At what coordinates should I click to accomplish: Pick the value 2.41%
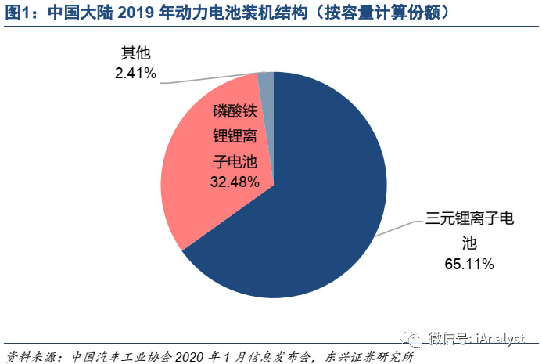tap(135, 74)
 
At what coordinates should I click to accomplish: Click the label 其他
tap(135, 54)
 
